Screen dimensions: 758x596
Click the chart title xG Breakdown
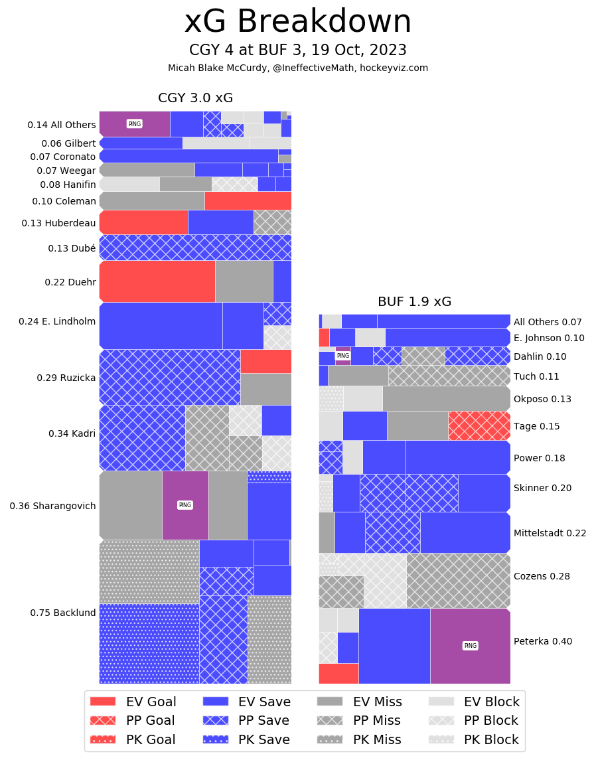297,22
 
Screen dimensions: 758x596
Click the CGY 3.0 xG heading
195,98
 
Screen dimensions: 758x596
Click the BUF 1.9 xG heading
414,302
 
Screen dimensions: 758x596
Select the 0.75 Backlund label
63,613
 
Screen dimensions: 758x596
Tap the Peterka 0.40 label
543,641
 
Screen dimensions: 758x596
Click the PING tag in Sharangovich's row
185,505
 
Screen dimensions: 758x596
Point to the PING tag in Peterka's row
470,646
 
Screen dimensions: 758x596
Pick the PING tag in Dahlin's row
342,356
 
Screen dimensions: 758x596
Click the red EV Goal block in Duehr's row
157,281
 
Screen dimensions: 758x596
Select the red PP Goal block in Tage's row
479,425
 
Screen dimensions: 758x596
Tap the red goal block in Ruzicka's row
265,361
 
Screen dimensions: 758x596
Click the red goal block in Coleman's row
248,200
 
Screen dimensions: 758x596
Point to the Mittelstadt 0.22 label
550,532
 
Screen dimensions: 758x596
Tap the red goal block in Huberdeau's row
143,222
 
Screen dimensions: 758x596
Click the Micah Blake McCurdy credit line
297,68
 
